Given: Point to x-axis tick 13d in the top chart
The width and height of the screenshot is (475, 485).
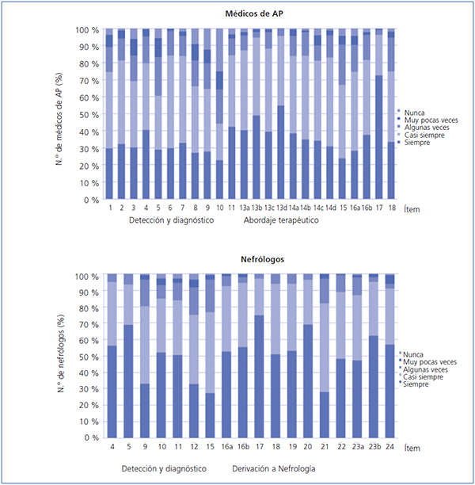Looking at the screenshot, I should pyautogui.click(x=280, y=208).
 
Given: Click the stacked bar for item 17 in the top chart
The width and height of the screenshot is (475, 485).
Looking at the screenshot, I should pyautogui.click(x=378, y=115).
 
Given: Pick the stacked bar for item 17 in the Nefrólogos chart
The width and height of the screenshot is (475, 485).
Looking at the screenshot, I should pyautogui.click(x=258, y=357).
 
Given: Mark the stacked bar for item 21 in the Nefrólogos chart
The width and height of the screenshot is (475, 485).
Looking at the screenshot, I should pyautogui.click(x=324, y=357).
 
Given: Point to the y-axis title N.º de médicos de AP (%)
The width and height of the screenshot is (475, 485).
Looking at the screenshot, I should pyautogui.click(x=62, y=115).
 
